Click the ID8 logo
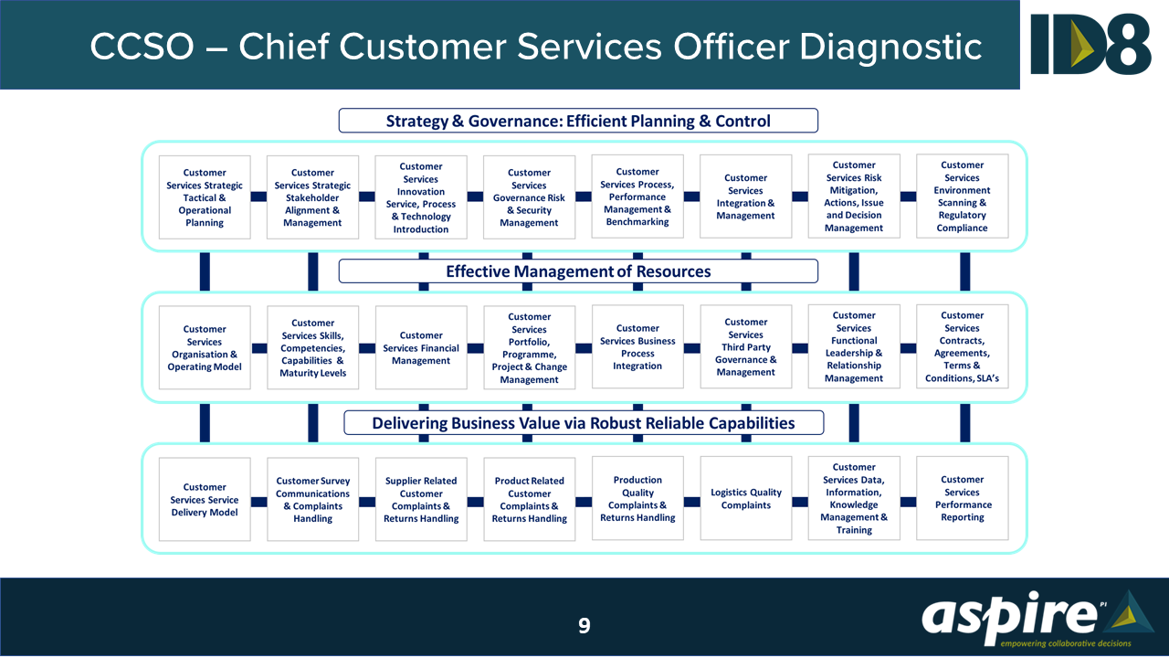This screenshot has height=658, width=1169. tap(1090, 44)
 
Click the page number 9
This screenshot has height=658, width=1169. tap(584, 626)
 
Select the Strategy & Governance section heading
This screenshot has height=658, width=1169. tap(578, 121)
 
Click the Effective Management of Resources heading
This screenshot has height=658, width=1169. tap(578, 271)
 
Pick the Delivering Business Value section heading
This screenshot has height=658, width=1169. tap(584, 423)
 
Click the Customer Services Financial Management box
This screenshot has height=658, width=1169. tap(421, 348)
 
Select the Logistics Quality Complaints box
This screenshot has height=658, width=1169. tap(746, 499)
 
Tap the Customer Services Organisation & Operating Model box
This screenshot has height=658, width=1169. tap(205, 348)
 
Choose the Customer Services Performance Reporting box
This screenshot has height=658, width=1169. tap(963, 499)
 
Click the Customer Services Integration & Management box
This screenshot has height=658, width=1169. tap(746, 197)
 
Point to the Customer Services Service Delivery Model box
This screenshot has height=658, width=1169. tap(205, 500)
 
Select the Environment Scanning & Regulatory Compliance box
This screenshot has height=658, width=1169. tap(963, 197)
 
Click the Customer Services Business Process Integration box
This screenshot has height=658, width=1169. tap(637, 347)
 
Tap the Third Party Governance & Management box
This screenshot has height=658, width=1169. tap(746, 347)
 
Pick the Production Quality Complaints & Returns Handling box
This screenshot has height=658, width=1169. tap(637, 499)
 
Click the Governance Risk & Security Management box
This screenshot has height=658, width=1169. tap(530, 197)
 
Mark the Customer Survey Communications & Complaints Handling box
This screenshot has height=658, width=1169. tap(313, 500)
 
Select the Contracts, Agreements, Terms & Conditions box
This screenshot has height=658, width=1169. tap(963, 347)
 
